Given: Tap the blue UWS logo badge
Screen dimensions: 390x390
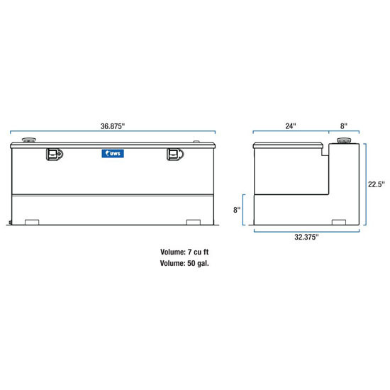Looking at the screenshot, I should [x=113, y=152].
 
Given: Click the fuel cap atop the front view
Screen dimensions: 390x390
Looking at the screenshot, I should [x=30, y=140].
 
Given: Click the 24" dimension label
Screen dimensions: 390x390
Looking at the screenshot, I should [x=290, y=126].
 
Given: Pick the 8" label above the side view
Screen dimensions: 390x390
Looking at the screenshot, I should [x=344, y=126].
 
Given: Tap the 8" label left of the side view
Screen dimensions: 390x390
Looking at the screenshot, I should [x=237, y=210].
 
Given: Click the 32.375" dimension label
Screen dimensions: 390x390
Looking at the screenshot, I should [x=306, y=236].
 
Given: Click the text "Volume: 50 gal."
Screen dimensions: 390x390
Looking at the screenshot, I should [x=184, y=263].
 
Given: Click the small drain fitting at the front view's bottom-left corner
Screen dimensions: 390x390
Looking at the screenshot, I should [x=11, y=223].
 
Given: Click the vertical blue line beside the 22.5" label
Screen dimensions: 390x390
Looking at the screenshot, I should [x=366, y=182].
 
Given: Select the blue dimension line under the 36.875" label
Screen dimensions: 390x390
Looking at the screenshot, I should [x=113, y=131].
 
